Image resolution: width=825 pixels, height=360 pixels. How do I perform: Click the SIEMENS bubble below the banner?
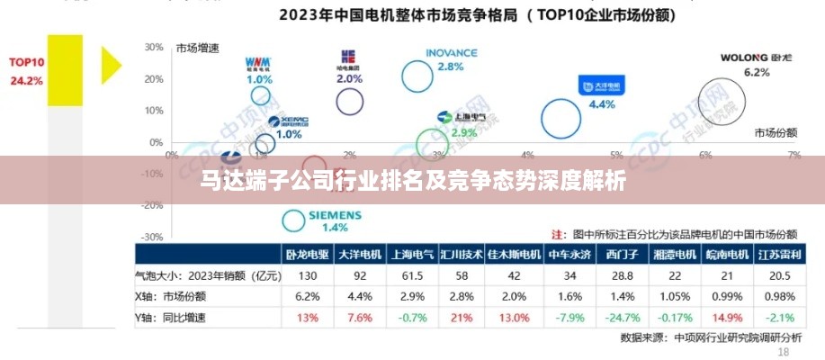tap(294, 220)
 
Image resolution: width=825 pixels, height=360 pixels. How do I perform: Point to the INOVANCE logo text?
tap(451, 53)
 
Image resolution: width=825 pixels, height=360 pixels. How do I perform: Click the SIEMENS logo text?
tap(335, 216)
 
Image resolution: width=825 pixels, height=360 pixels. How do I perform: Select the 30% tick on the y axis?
tap(154, 47)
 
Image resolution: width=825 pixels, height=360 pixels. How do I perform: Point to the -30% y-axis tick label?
tap(152, 237)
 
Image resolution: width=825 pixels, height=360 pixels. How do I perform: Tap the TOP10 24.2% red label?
tap(26, 71)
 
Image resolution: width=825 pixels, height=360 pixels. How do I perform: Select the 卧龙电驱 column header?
tap(308, 255)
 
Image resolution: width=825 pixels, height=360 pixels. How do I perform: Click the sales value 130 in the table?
tap(308, 275)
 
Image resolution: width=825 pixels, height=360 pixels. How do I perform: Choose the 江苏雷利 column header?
tap(779, 255)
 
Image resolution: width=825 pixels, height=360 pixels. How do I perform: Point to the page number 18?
tap(782, 353)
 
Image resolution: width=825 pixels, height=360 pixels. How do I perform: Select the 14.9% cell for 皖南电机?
tap(727, 316)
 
